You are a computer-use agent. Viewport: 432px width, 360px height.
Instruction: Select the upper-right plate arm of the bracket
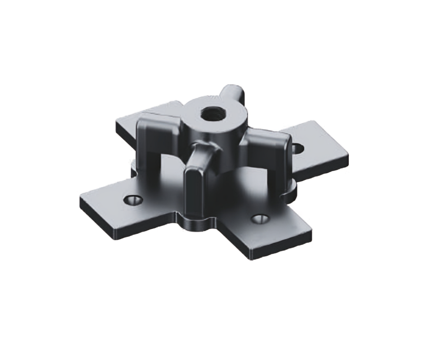click(x=321, y=145)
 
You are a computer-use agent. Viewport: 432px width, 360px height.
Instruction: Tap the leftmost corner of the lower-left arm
click(x=81, y=202)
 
